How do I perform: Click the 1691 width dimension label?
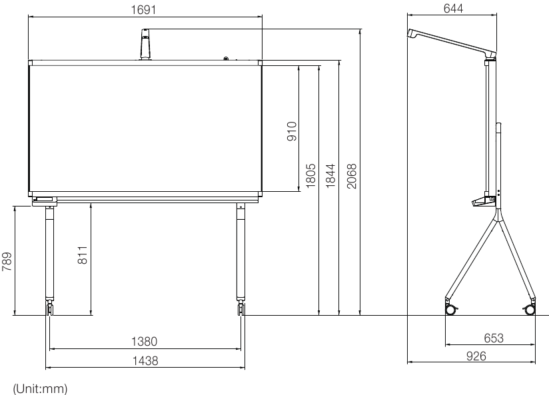pos(143,9)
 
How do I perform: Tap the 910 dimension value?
pos(292,131)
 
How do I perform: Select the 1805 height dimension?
pos(311,175)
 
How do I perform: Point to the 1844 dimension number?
pos(330,175)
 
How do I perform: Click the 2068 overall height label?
pos(351,176)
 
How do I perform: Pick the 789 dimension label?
pos(7,261)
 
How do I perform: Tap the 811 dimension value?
pos(82,254)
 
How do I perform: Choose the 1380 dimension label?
pos(145,341)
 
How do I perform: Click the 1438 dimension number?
pos(145,360)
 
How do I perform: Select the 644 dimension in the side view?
pos(453,9)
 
